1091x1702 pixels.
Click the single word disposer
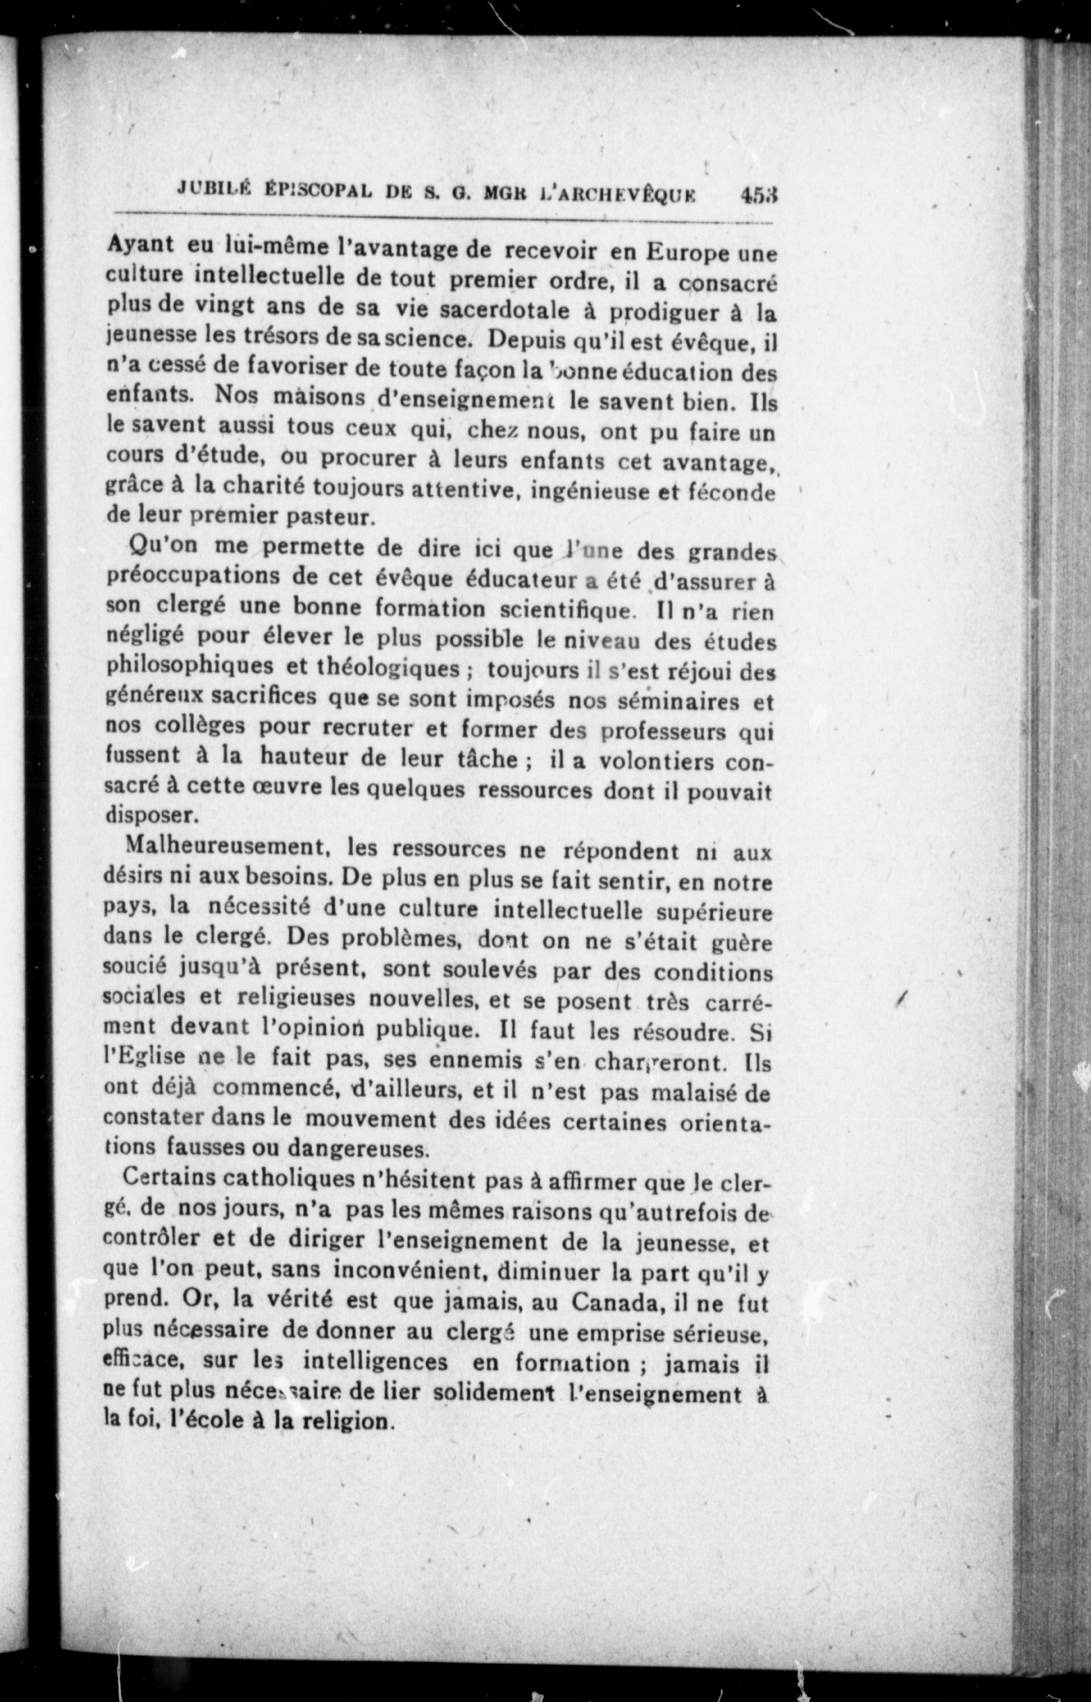pyautogui.click(x=148, y=815)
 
